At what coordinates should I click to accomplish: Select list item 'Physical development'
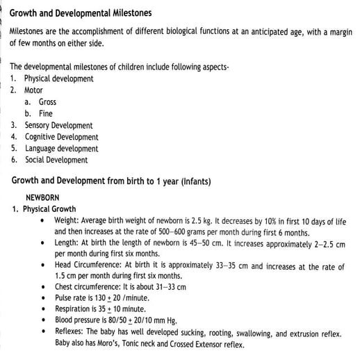point(58,79)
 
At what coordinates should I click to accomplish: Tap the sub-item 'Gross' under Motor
point(47,102)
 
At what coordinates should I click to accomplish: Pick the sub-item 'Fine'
point(45,114)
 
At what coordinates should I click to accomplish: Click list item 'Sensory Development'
point(58,125)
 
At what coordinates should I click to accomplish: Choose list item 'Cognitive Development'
point(61,137)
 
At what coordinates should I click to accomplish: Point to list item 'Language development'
point(61,149)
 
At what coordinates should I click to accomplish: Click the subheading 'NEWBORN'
point(42,197)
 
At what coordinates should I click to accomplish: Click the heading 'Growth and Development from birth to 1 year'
point(94,181)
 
